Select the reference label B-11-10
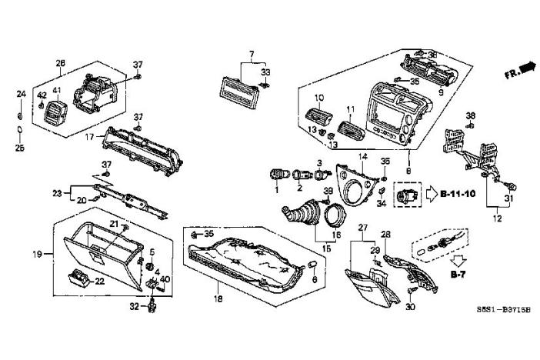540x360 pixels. pyautogui.click(x=456, y=193)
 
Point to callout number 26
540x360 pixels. pyautogui.click(x=61, y=62)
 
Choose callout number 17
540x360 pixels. pyautogui.click(x=89, y=138)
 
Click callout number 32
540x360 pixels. pyautogui.click(x=133, y=305)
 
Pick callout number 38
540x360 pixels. pyautogui.click(x=471, y=115)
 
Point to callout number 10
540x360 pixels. pyautogui.click(x=320, y=98)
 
